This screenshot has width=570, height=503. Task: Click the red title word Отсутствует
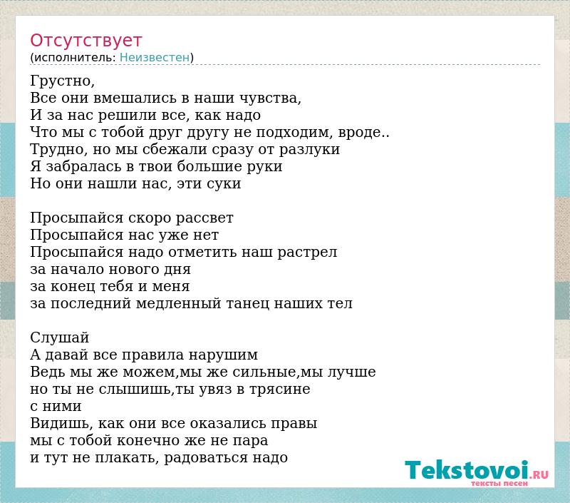coord(85,40)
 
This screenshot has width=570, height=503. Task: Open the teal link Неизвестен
coord(155,57)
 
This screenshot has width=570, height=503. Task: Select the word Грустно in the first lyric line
coord(61,81)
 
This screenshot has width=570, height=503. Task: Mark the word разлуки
coord(309,150)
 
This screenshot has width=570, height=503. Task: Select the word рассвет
coord(204,218)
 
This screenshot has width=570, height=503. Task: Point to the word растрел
coord(308,253)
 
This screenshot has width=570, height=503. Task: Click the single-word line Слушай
coord(60,337)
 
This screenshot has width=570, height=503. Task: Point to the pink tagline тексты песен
coord(499,483)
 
